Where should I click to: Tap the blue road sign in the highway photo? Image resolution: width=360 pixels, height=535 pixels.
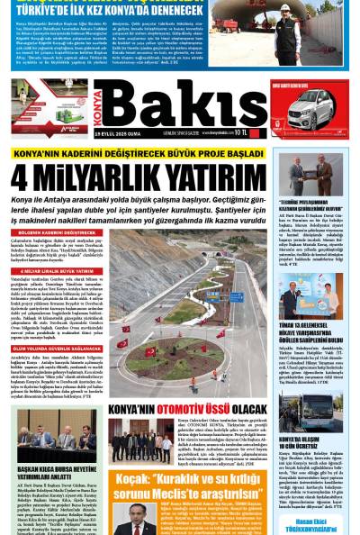(236, 296)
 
